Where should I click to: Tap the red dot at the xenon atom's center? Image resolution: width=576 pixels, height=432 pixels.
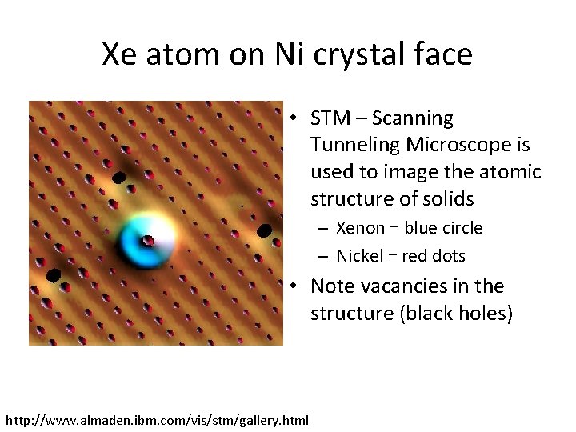point(148,240)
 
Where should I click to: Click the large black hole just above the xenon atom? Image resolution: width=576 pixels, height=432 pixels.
point(119,178)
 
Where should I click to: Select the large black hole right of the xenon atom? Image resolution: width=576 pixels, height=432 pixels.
point(264,230)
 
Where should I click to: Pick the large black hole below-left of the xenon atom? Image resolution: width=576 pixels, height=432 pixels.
point(54,275)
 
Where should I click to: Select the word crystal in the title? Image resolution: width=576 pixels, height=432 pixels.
point(362,54)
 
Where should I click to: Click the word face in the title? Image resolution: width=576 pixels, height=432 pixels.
point(444,54)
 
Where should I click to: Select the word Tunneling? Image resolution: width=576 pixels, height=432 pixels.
point(355,145)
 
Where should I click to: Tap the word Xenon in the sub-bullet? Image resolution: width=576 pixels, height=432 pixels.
point(361,228)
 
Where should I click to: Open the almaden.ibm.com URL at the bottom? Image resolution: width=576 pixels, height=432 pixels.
point(157,419)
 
